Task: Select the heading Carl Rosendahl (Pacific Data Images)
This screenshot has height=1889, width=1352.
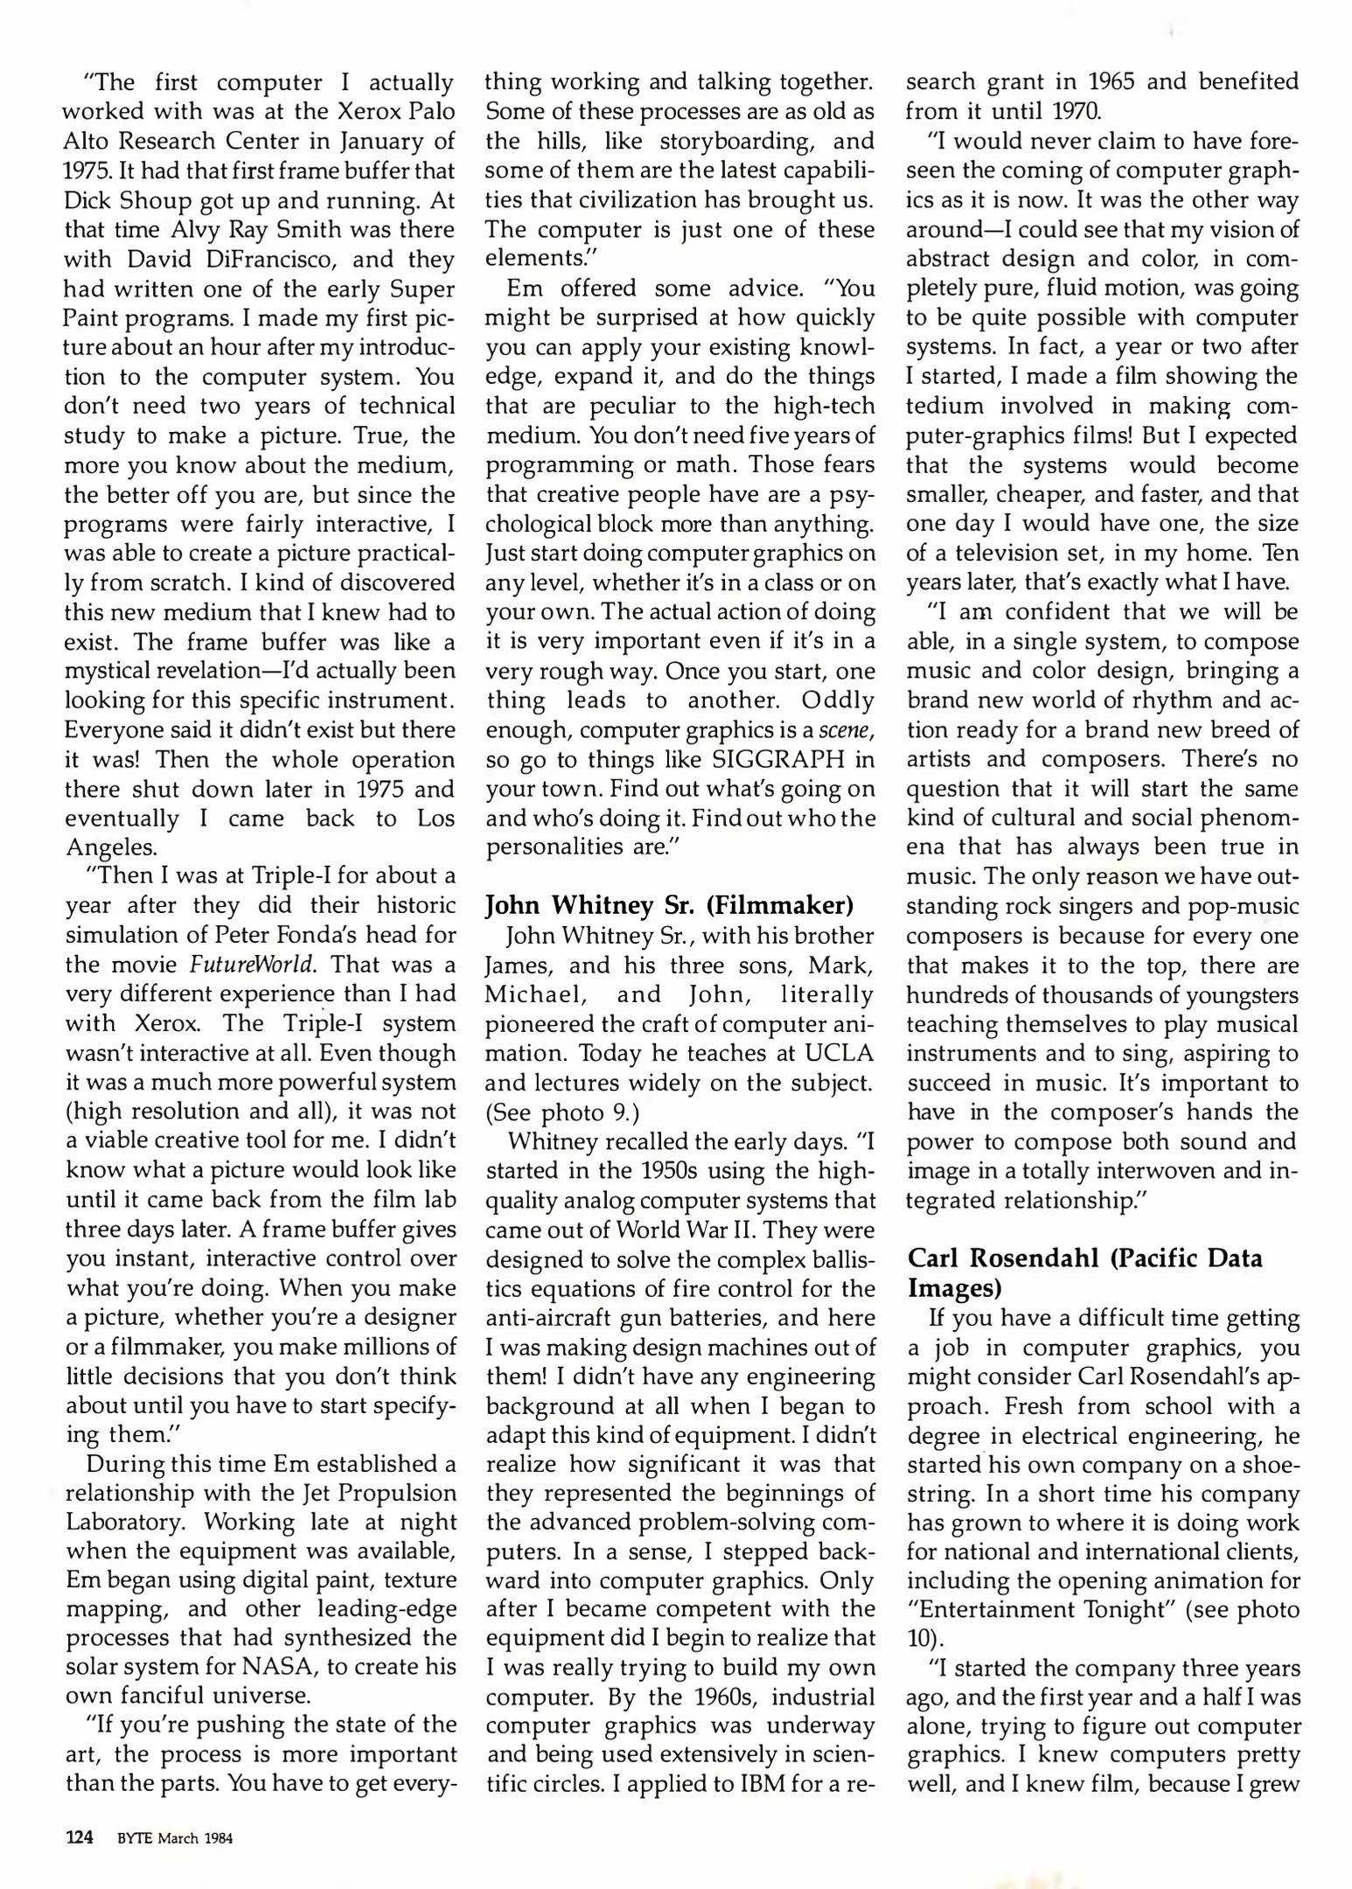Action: pos(1084,1272)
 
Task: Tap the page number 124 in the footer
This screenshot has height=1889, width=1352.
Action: pos(80,1837)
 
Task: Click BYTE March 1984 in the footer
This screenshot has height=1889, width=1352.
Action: pos(175,1838)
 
